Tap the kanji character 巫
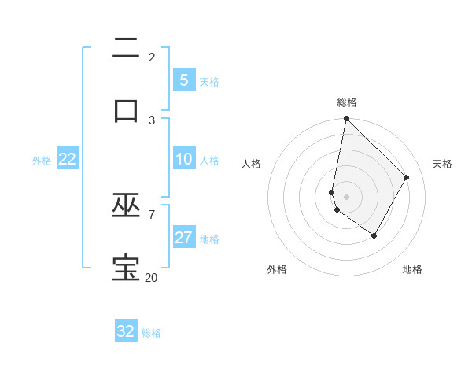click(126, 206)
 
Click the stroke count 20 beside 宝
click(151, 277)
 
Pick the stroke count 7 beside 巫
click(151, 214)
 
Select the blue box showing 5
click(184, 80)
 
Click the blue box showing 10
click(184, 159)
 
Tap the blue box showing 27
click(184, 238)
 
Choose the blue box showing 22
click(68, 159)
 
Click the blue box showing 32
click(126, 331)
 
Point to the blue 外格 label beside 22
click(42, 161)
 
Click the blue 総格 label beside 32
click(152, 333)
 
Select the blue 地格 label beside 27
click(210, 239)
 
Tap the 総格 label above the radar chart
click(347, 102)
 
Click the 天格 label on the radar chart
click(442, 164)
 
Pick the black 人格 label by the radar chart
click(251, 164)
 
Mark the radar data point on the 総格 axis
click(346, 118)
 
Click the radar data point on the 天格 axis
click(407, 177)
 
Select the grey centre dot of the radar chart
click(346, 197)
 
